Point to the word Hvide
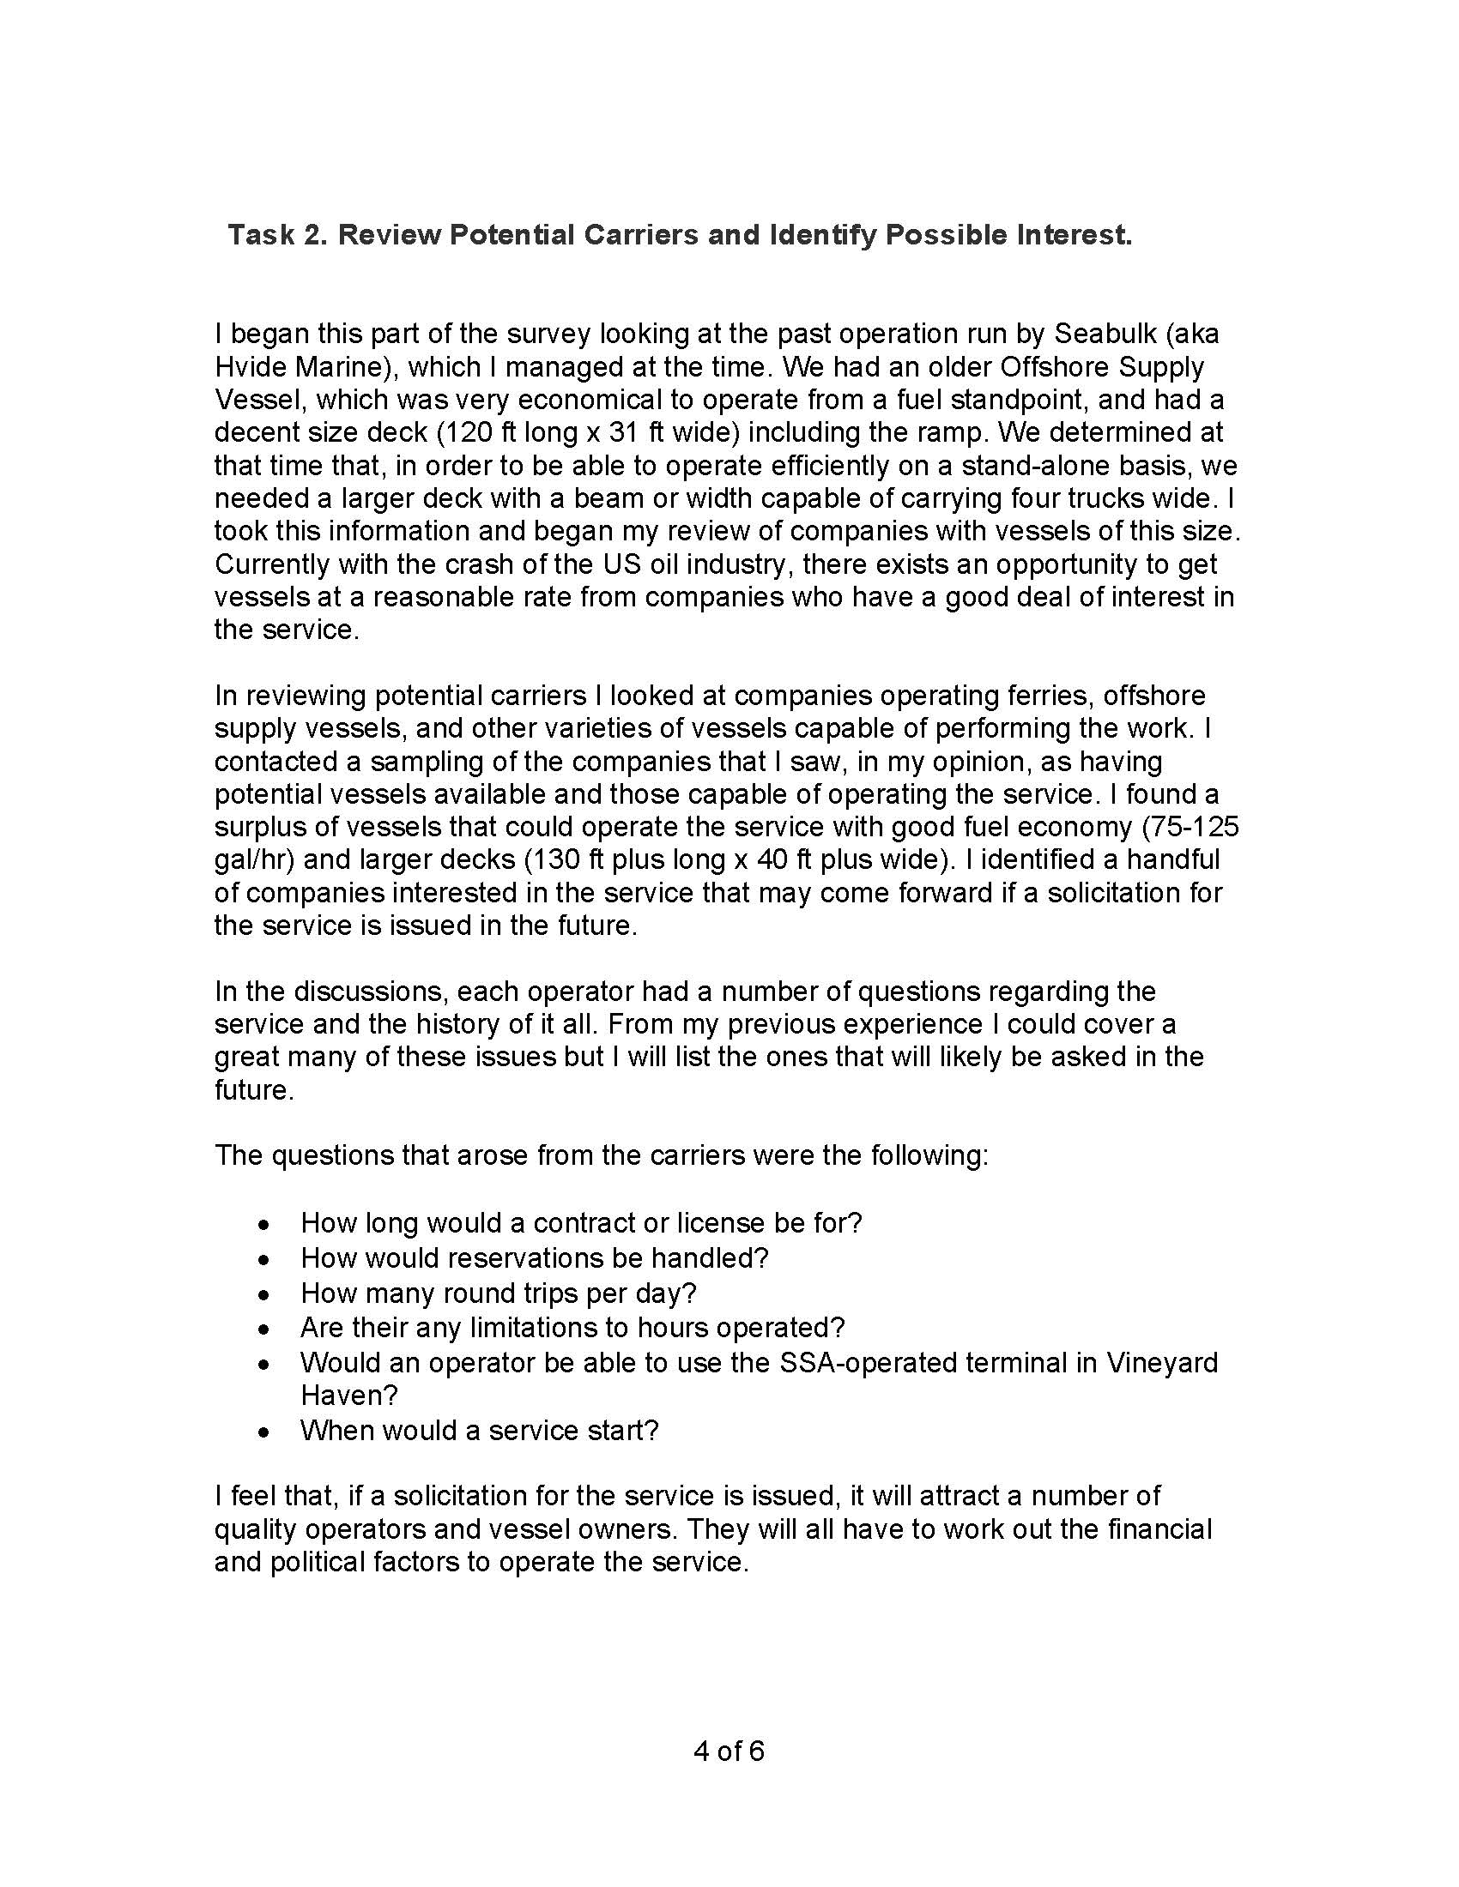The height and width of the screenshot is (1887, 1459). tap(251, 367)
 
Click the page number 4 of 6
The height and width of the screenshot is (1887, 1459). tap(729, 1751)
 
